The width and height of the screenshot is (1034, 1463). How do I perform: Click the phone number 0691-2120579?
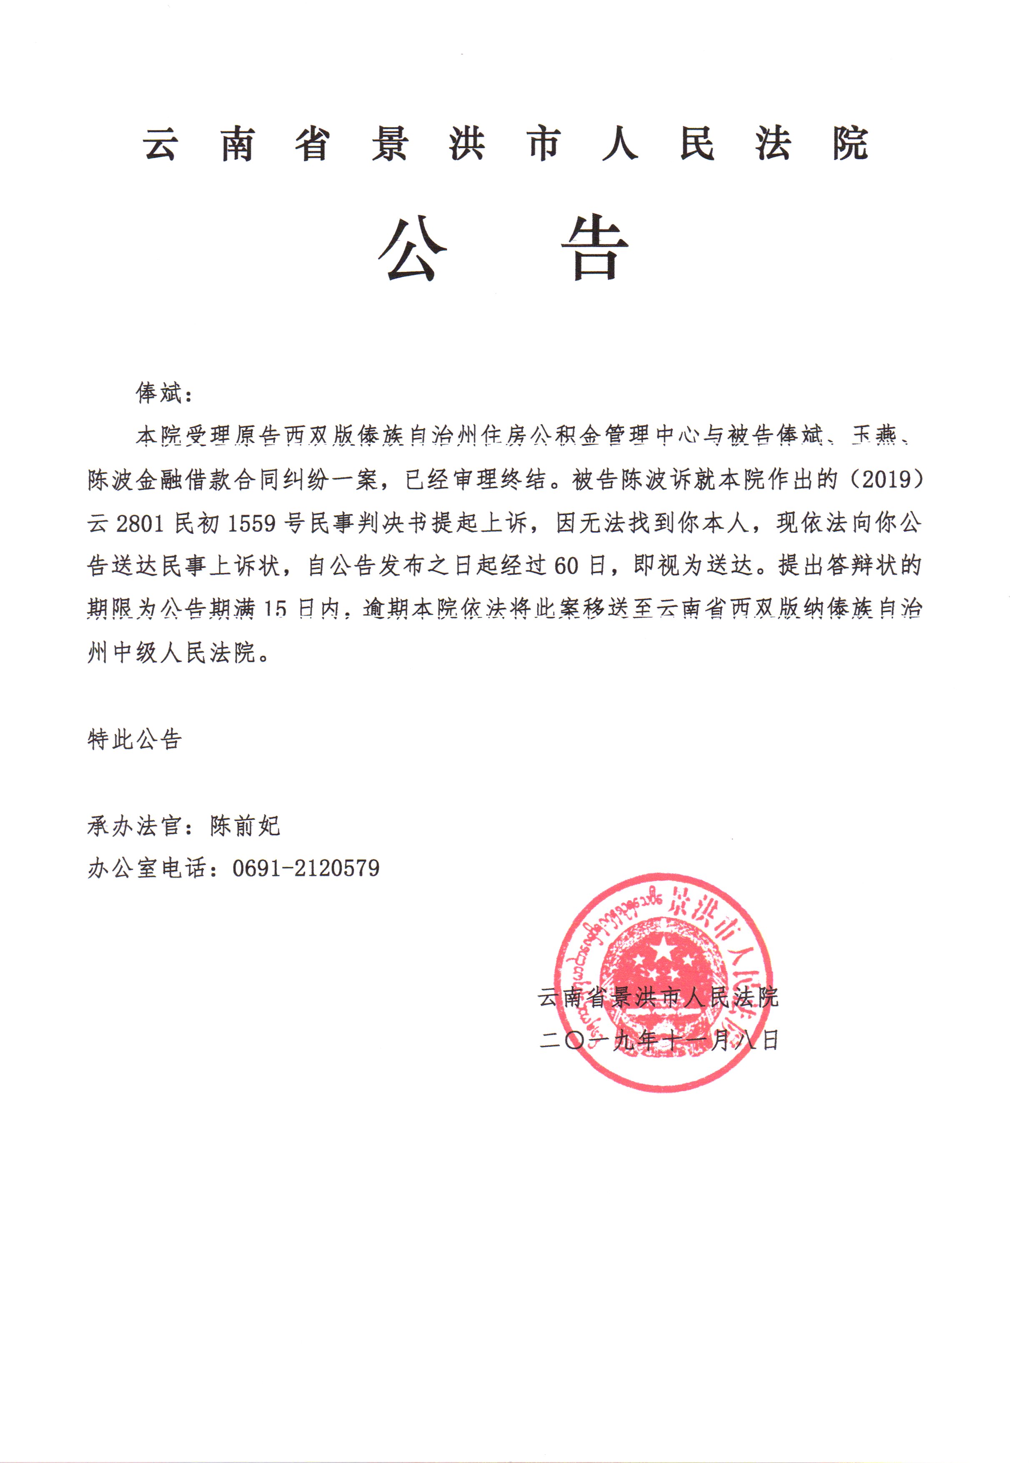coord(306,868)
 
